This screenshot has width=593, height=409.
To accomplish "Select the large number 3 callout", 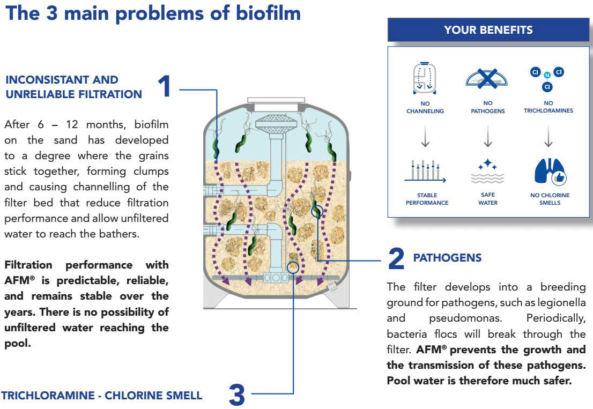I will pos(236,396).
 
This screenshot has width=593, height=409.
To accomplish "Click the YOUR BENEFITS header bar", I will pos(488,30).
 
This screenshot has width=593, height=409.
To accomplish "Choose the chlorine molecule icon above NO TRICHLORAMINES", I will pos(547,78).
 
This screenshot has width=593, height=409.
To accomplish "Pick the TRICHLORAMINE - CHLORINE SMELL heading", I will pos(102,396).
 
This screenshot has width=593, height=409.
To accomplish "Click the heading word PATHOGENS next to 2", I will pos(447,258).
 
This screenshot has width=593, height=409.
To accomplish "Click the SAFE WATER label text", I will pos(488,199).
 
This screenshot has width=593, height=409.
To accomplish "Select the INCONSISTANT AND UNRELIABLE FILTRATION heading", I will pos(73,87).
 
